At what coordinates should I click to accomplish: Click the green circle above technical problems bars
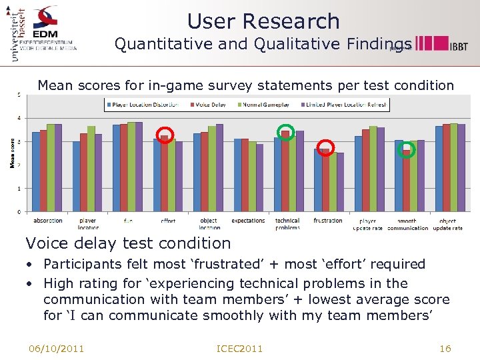click(285, 131)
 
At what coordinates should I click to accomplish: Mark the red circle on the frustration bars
click(325, 147)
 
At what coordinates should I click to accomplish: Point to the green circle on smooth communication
click(406, 150)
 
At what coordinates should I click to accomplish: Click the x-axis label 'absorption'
click(47, 221)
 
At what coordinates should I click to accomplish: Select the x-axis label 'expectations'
click(248, 221)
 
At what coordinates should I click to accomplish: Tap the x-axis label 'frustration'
click(328, 221)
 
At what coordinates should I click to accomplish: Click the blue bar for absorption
click(36, 171)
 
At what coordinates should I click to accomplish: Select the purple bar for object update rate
click(461, 168)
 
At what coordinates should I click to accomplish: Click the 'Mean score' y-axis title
click(13, 153)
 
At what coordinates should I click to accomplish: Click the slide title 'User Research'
click(263, 21)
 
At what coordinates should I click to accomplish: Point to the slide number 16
click(445, 349)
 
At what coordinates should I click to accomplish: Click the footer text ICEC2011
click(240, 349)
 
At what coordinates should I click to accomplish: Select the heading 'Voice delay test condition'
click(128, 243)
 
